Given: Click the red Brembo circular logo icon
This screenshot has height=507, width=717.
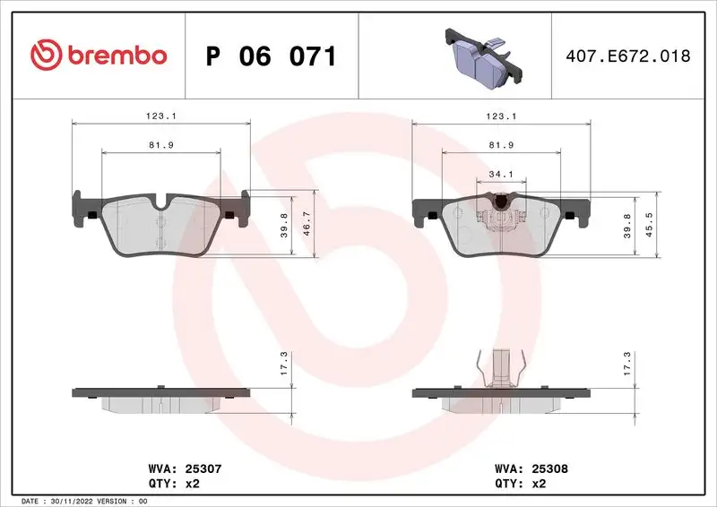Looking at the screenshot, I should coord(47,56).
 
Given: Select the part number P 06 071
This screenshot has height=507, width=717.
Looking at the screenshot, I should coord(271,56).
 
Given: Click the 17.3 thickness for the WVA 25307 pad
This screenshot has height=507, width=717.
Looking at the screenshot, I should coord(284,364).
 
